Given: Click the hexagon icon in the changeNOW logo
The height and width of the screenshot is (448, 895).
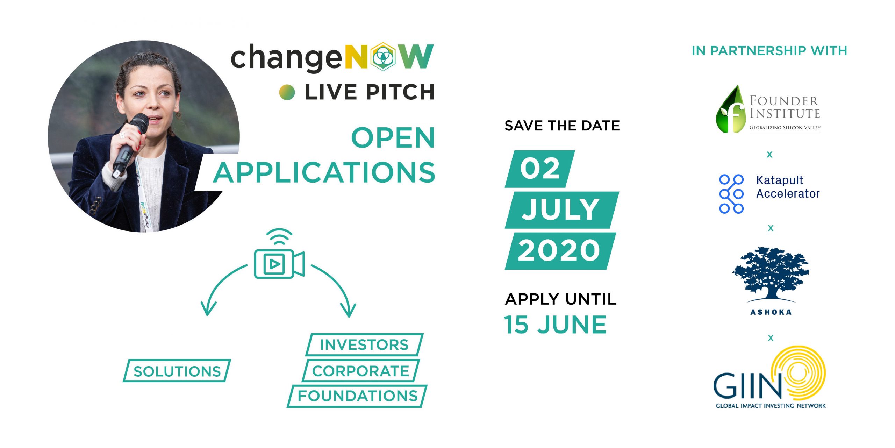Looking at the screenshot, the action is (384, 57).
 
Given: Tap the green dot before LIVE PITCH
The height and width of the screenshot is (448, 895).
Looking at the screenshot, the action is (287, 92).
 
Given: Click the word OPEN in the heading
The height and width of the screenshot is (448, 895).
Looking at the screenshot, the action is (393, 138).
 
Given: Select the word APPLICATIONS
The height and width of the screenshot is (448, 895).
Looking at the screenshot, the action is (324, 172).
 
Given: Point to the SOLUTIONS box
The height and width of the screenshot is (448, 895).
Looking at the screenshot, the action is (177, 371).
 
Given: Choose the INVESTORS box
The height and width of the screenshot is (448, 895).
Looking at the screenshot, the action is (364, 345).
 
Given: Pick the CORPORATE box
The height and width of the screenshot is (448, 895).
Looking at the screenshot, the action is (360, 371).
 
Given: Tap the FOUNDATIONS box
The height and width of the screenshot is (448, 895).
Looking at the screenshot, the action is (357, 396).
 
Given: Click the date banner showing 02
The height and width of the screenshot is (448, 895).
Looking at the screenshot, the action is (540, 169).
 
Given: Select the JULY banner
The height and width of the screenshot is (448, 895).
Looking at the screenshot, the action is (562, 210).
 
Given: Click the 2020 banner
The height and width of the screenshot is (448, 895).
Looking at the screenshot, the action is (560, 251).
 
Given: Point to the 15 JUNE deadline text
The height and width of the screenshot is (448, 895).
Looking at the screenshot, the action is (555, 325).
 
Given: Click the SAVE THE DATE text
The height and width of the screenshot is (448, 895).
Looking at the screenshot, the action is (562, 126).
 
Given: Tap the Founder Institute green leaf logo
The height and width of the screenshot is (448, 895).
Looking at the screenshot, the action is (730, 109).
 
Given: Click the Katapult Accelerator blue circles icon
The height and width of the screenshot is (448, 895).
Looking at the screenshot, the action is (731, 194).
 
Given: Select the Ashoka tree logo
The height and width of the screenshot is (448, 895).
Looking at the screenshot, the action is (771, 275).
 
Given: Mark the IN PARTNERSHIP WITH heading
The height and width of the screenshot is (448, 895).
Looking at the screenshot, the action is (769, 51).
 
